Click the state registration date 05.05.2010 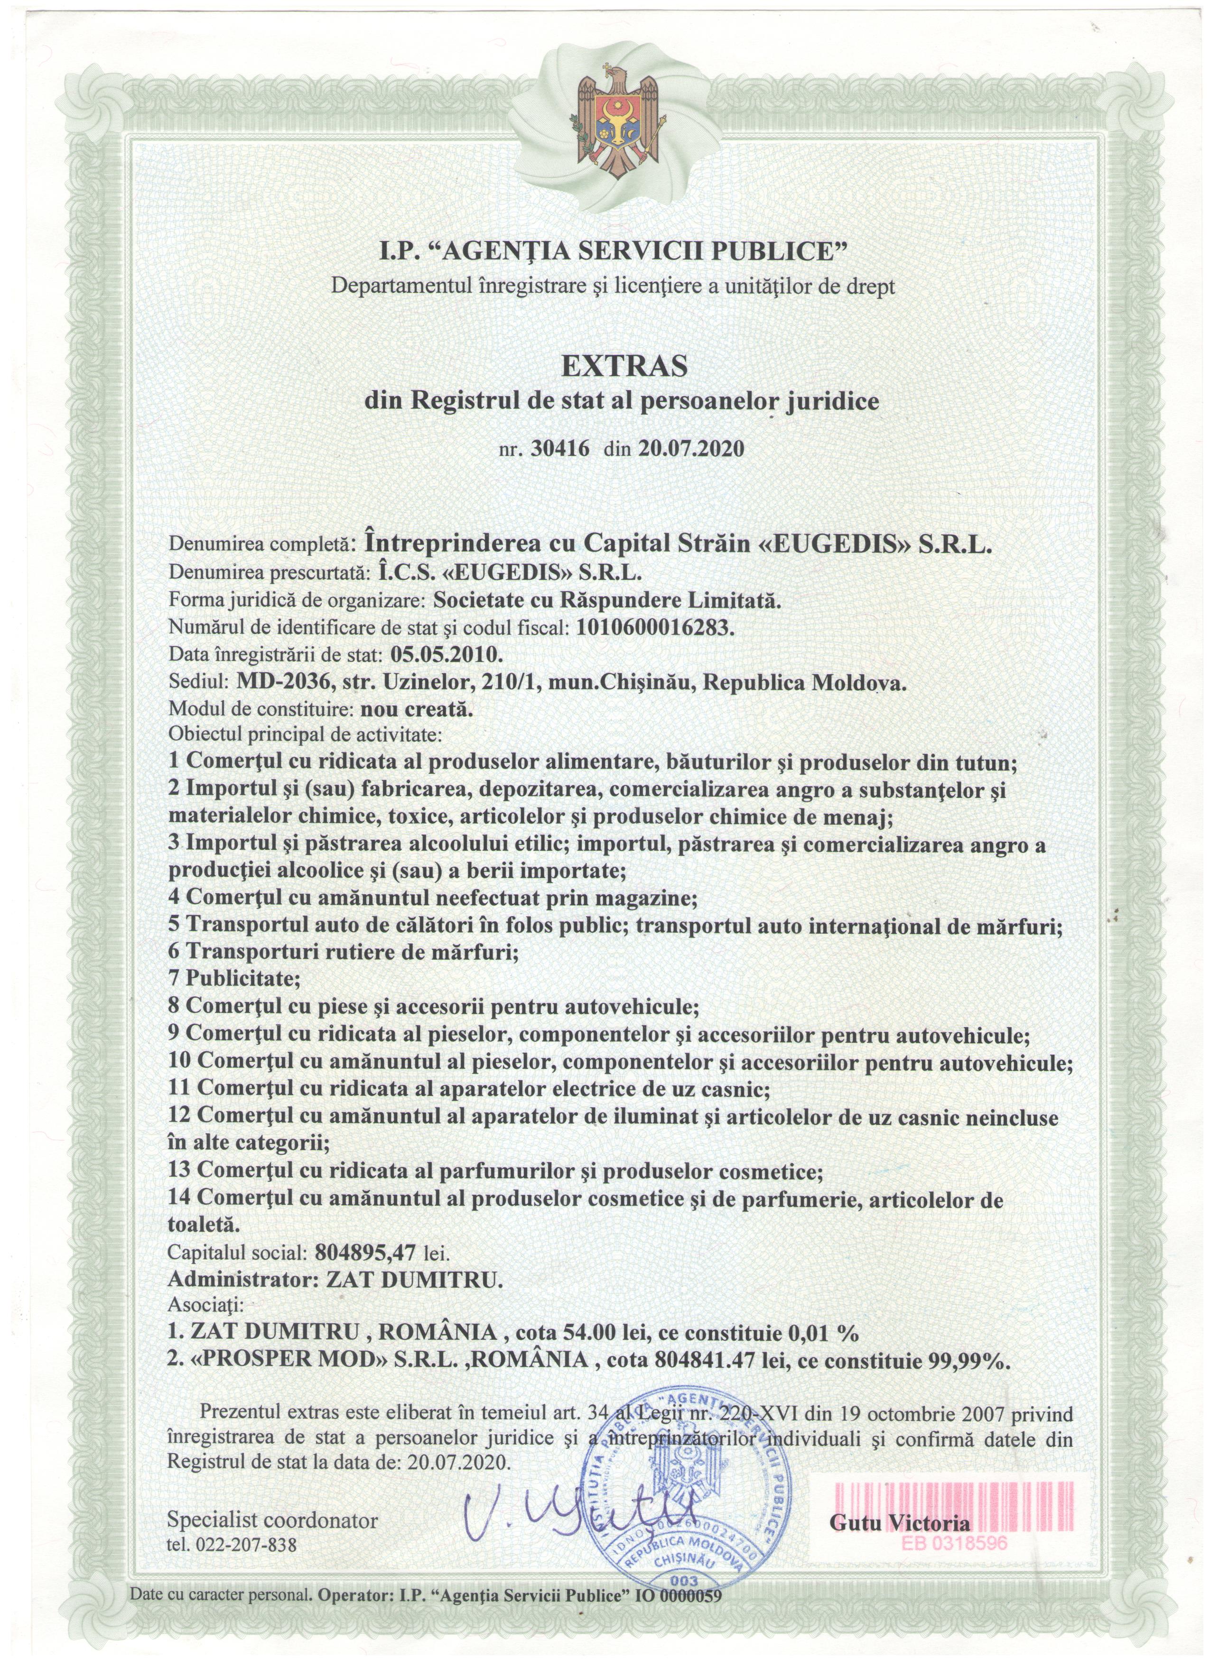447,654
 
